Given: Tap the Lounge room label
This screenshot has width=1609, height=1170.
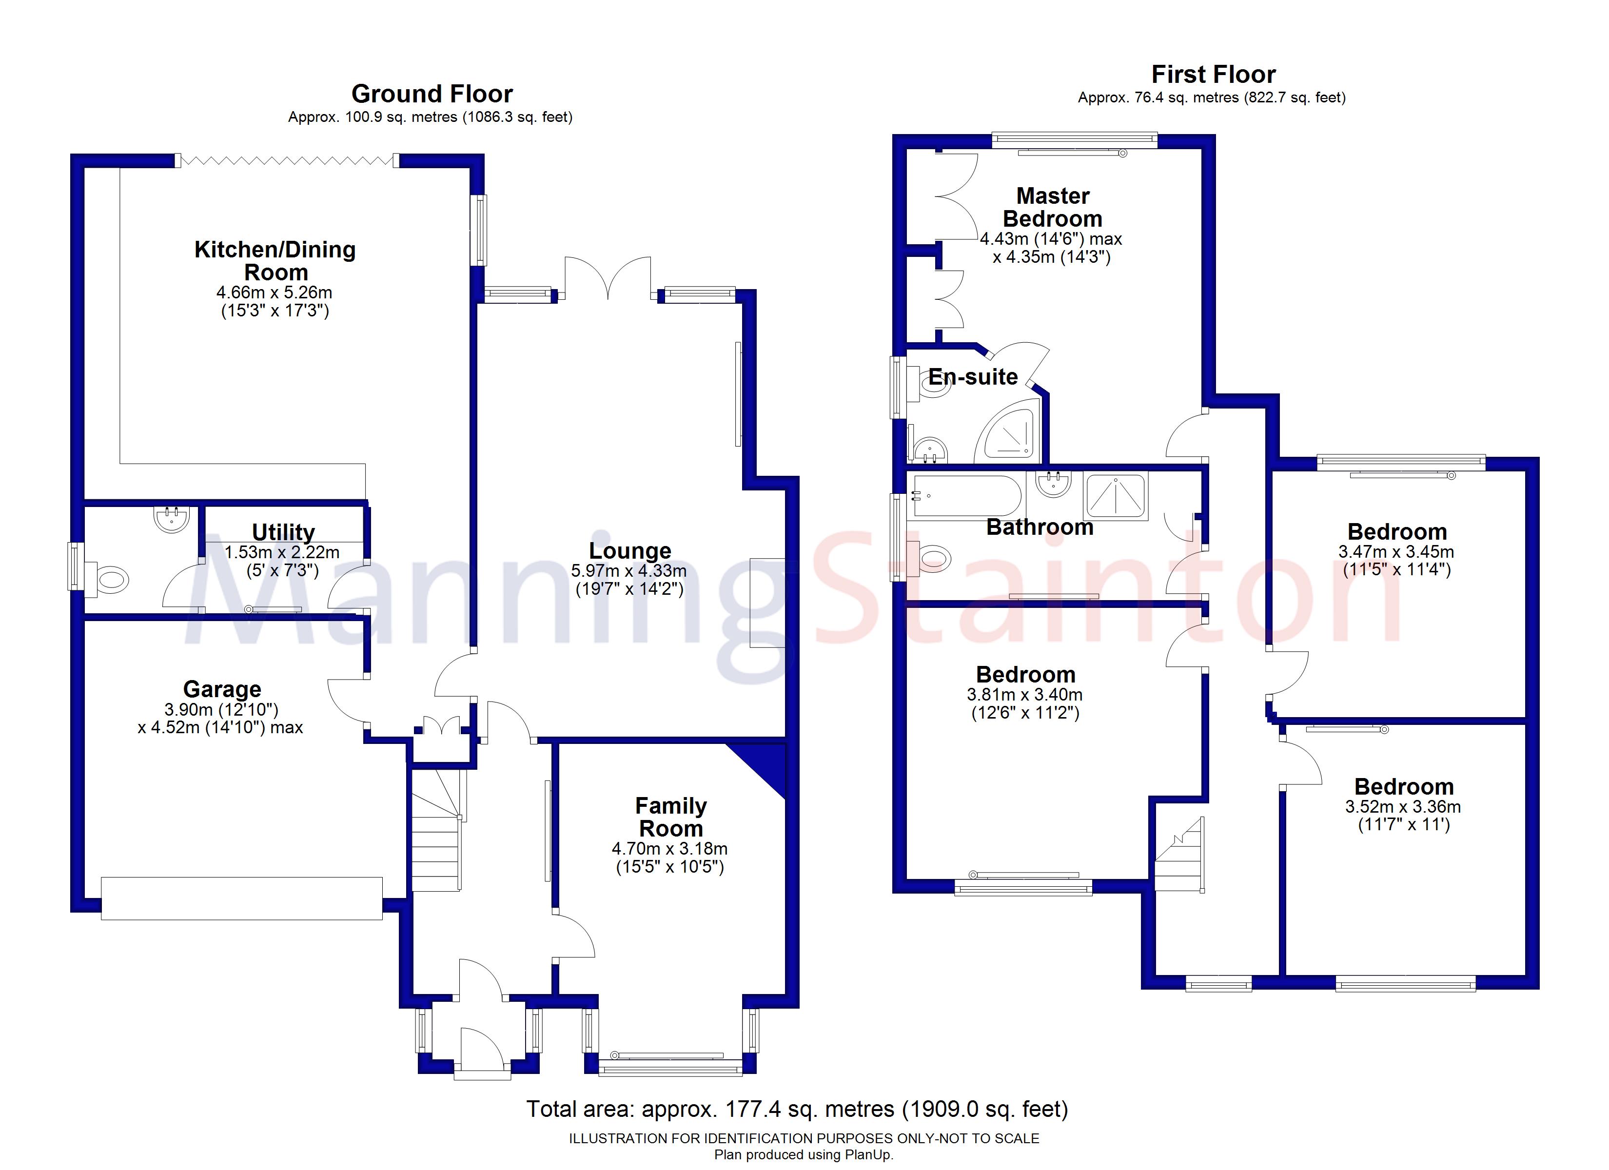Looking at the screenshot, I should [x=629, y=550].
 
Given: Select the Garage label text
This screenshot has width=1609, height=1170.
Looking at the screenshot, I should [x=222, y=689].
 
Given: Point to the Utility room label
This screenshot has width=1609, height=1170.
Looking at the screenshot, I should [x=283, y=532].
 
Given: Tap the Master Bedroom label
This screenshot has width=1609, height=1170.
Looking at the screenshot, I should [x=1052, y=207].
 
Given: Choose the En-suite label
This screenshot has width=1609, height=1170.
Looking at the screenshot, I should [x=973, y=377].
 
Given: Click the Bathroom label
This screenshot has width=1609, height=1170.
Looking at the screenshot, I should [x=1040, y=527].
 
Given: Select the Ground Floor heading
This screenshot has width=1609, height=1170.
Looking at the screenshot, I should [x=432, y=94].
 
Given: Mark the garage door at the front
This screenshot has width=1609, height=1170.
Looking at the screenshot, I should [x=241, y=898].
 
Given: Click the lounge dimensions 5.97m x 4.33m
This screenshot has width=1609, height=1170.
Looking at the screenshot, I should [x=628, y=570].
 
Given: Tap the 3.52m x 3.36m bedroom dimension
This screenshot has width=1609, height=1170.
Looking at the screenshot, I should [x=1403, y=807].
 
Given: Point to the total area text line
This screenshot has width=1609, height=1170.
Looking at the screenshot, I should [x=797, y=1109].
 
